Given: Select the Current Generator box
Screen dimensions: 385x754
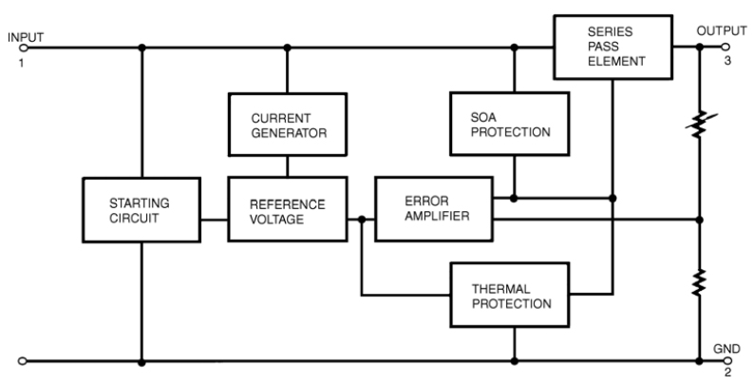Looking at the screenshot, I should click(x=288, y=124).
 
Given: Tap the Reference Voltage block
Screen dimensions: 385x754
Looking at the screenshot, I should click(x=288, y=210).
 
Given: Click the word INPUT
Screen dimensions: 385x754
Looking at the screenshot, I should click(x=26, y=36).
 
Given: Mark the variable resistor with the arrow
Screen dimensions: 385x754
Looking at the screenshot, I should click(x=700, y=124).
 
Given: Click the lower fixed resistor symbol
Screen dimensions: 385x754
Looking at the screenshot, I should click(x=700, y=282).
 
